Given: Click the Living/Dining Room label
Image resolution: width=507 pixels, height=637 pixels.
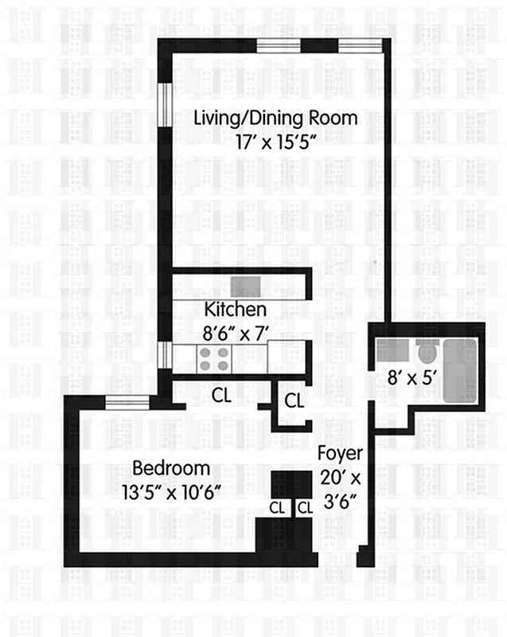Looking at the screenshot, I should point(276,119).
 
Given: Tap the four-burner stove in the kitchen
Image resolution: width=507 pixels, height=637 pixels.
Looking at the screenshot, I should point(213,358).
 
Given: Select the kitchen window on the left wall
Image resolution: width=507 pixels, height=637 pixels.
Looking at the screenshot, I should point(162,356).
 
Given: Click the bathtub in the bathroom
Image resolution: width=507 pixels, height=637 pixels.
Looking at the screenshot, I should point(460,370).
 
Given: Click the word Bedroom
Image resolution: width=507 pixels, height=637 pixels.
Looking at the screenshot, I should point(171,467).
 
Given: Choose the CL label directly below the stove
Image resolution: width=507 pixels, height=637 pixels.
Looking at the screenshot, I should point(222,394).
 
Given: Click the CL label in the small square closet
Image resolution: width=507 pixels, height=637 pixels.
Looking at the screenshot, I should point(294,401).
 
